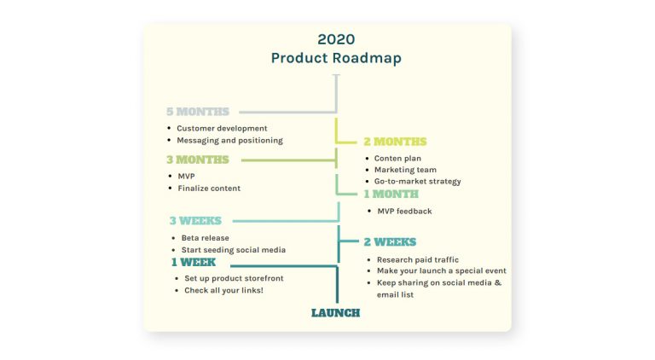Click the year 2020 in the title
336,39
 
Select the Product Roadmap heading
336,58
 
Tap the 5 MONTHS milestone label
198,112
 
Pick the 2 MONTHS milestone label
395,142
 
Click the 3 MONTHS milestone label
198,160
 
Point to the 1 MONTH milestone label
391,195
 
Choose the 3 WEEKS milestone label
195,221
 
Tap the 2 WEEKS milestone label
390,242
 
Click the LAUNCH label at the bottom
335,313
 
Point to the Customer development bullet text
222,129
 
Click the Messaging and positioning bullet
229,141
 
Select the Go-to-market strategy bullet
418,182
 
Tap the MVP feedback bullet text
404,212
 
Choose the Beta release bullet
205,238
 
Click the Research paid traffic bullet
418,259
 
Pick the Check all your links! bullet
223,291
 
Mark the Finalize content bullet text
209,189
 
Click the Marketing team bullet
405,170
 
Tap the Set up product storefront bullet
234,279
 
